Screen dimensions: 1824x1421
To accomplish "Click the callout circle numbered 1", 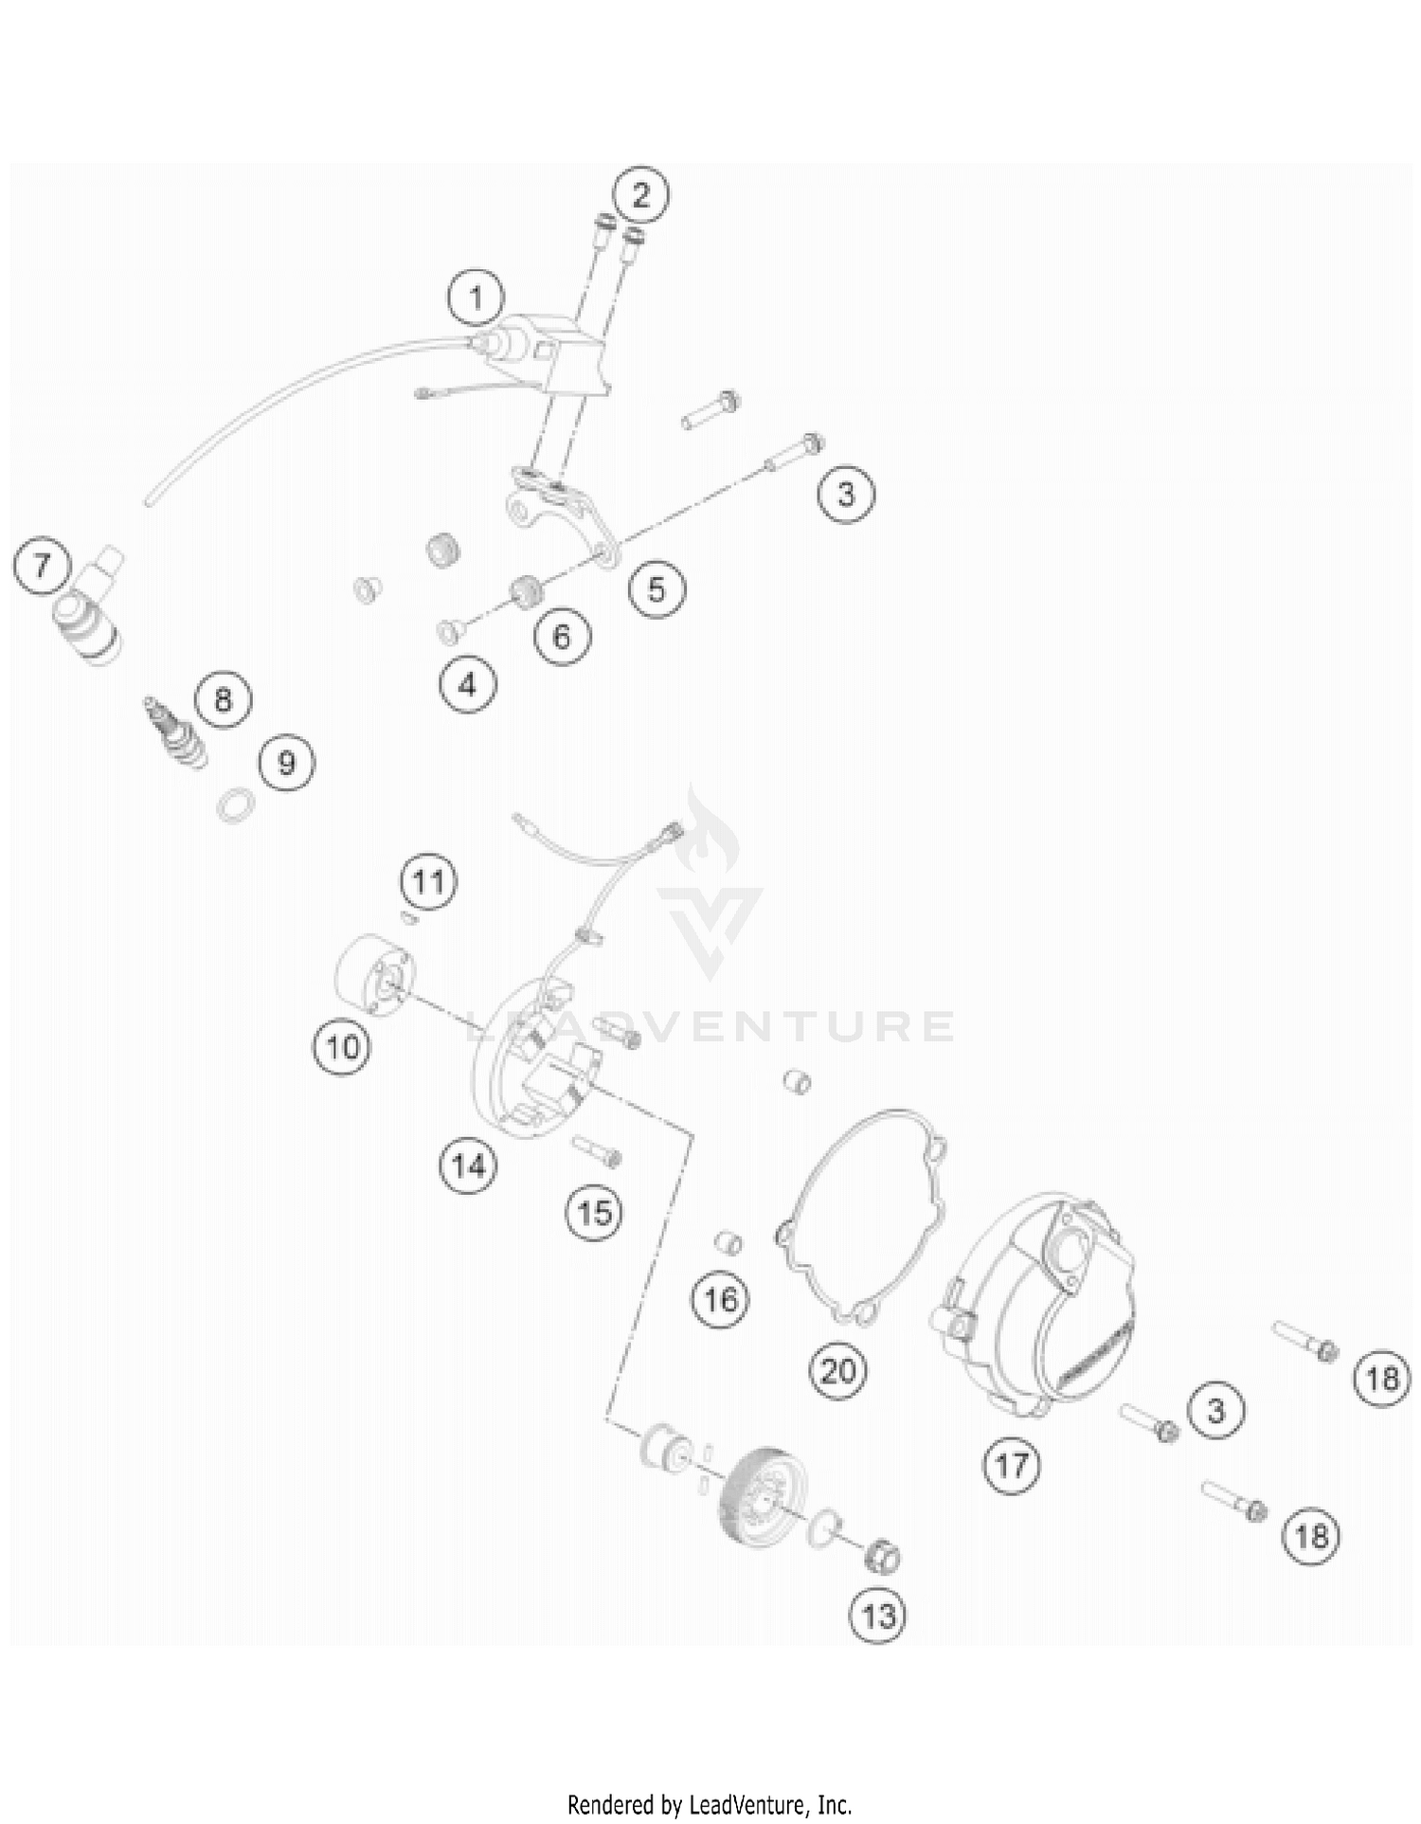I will coord(476,298).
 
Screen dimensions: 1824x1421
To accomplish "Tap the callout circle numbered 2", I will coord(641,195).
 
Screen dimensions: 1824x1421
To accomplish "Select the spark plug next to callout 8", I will coord(176,733).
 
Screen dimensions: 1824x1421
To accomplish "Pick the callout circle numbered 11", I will coord(428,881).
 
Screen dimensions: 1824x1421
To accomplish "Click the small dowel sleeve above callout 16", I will coord(728,1242).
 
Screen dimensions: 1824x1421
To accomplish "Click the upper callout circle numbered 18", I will coord(1381,1378).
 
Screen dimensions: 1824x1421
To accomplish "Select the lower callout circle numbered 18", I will coord(1312,1534).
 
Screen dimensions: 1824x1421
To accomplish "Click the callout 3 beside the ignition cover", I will coord(1215,1411).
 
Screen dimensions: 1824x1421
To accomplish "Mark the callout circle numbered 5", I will coord(657,588).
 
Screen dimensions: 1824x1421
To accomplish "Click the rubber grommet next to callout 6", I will coord(524,591).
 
